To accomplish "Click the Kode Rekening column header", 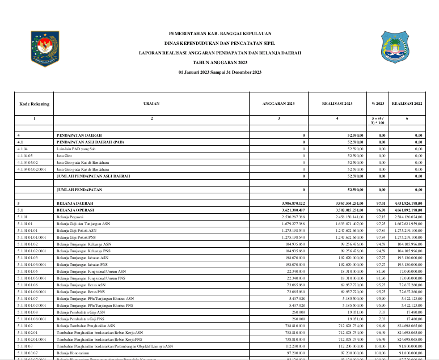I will (35, 104).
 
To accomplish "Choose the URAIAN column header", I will (151, 104).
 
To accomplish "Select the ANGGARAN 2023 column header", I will (278, 104).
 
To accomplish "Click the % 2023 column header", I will (378, 104).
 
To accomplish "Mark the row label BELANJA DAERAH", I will (75, 202).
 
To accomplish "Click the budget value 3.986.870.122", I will (293, 202).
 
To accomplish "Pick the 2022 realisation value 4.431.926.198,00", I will (406, 202).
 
